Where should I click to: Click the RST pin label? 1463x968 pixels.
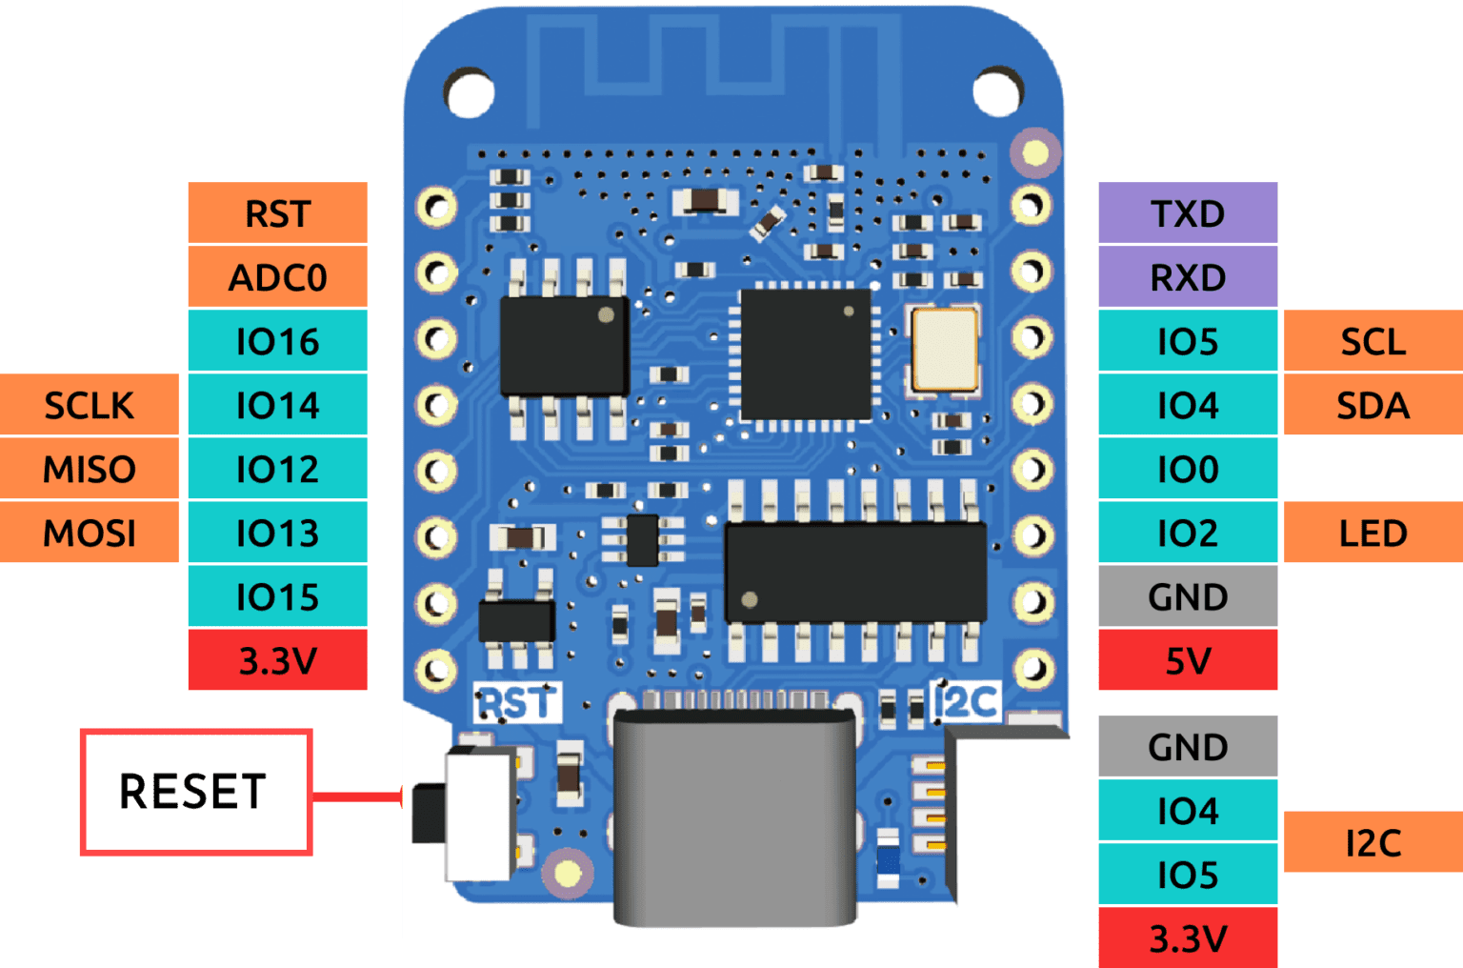point(277,213)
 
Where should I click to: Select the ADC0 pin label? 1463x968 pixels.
point(277,277)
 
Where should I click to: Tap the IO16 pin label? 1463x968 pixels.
point(277,341)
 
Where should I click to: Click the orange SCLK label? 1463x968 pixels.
point(90,405)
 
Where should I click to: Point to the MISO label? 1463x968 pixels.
point(90,469)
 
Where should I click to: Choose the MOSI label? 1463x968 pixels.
point(90,533)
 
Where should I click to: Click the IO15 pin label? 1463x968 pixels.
point(277,596)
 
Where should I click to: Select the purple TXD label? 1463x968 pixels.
point(1187,213)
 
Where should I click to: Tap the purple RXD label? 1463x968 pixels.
point(1187,277)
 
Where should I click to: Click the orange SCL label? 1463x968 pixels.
point(1373,341)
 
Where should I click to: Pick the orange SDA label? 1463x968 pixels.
point(1373,405)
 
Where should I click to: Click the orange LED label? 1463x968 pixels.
point(1373,533)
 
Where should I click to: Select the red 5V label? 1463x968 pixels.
point(1187,660)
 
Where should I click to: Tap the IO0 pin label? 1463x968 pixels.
point(1187,469)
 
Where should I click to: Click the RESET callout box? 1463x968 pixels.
point(195,792)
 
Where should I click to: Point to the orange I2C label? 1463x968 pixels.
point(1373,842)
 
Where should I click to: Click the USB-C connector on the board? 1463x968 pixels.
point(734,815)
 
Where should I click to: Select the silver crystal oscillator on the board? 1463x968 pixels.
point(944,350)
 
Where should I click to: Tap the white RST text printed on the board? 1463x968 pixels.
point(516,704)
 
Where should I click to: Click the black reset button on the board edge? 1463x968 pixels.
point(428,813)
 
